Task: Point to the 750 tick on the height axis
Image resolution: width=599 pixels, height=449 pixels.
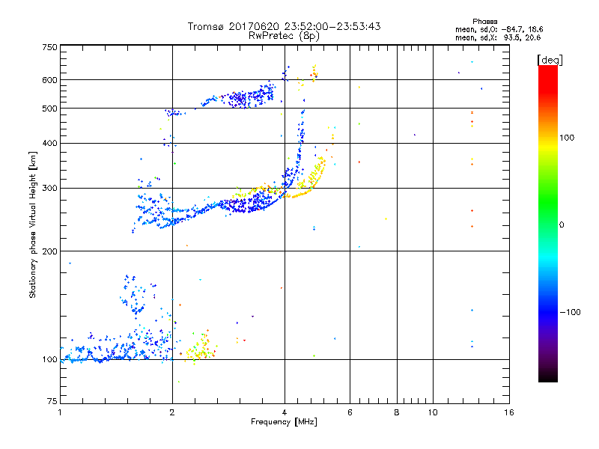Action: pos(49,46)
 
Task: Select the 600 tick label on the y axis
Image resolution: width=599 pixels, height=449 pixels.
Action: pos(49,80)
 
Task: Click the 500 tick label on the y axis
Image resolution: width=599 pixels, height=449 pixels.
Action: pos(49,109)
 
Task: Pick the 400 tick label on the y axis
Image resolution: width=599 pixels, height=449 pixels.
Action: pos(49,143)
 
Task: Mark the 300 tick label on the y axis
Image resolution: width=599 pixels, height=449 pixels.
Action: pos(49,188)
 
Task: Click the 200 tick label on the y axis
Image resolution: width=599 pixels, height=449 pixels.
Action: pos(49,251)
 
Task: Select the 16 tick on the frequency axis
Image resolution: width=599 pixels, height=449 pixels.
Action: pos(508,412)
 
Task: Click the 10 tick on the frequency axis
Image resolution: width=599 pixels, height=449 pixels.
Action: pos(432,412)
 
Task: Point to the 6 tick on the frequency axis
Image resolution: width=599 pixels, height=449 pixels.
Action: pos(350,412)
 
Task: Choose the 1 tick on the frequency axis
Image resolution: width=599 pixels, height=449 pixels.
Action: pos(60,412)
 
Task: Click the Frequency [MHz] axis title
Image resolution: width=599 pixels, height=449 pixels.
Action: pos(284,422)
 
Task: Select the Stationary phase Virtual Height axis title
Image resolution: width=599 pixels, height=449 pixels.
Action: pos(33,224)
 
